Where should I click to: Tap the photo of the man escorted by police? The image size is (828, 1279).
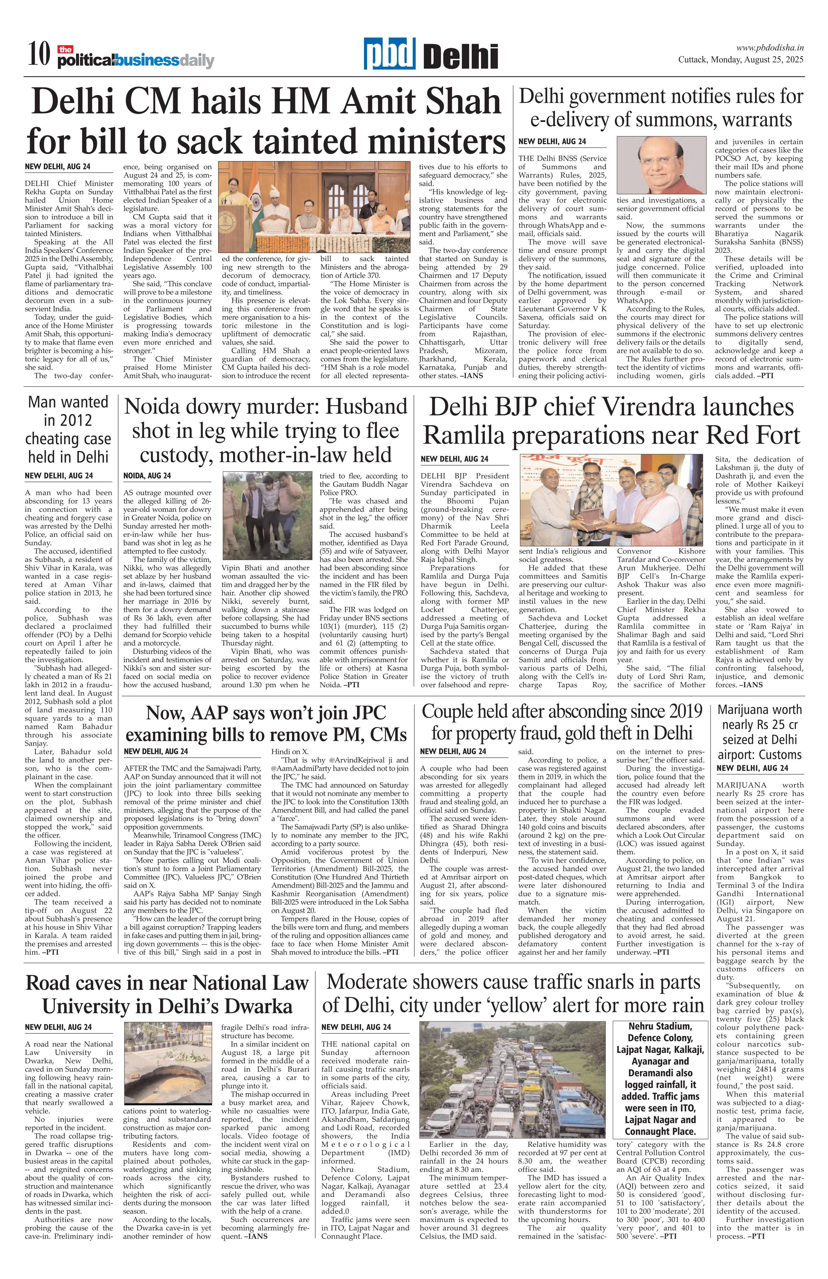(x=267, y=516)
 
